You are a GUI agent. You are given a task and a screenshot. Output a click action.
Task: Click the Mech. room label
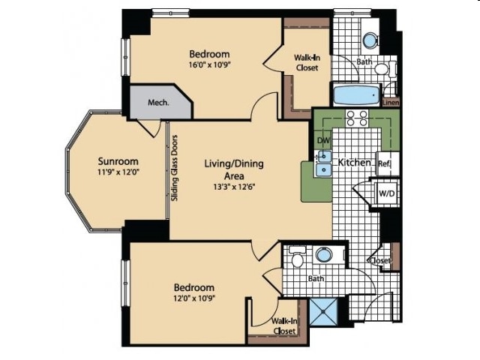point(158,102)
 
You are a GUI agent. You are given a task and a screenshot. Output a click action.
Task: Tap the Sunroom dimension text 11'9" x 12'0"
point(118,172)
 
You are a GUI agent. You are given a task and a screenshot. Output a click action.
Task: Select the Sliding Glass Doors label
point(175,168)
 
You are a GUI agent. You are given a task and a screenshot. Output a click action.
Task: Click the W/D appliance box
point(387,193)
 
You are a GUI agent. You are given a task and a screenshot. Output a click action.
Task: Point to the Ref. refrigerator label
point(384,163)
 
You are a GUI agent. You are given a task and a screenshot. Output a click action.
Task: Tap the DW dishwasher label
point(323,140)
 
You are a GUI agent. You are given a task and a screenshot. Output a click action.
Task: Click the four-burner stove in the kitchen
point(357,118)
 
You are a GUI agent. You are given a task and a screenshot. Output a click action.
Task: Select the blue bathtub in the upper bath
point(356,95)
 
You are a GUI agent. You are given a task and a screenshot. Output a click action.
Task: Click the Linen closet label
point(391,103)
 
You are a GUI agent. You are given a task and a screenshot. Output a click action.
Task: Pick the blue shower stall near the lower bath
point(323,312)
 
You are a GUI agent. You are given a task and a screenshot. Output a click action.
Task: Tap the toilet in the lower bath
point(297,256)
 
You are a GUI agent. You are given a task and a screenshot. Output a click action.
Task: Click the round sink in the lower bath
point(324,254)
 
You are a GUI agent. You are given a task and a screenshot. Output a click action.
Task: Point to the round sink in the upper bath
point(370,40)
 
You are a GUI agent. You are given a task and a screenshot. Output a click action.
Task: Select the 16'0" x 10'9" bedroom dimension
point(209,64)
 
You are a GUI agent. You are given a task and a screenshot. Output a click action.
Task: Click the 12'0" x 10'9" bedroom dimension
point(193,298)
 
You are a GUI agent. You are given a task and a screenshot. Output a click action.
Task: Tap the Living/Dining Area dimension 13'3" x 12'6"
point(234,187)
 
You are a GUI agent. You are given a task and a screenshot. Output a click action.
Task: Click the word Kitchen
point(354,162)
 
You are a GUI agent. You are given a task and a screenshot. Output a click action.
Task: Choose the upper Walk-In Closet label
point(307,62)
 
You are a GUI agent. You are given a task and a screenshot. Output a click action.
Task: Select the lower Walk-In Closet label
point(284,326)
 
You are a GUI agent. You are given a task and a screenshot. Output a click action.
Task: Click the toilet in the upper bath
point(384,68)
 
